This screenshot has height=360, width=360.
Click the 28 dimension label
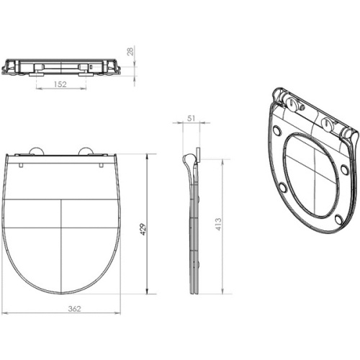click(x=130, y=52)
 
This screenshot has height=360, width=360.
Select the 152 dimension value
click(x=60, y=84)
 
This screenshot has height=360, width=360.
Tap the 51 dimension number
click(x=192, y=119)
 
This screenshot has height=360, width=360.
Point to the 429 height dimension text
click(x=143, y=230)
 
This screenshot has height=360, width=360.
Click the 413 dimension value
click(x=218, y=225)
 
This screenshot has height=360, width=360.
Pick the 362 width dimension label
click(x=74, y=309)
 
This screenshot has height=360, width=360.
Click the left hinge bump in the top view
click(x=37, y=151)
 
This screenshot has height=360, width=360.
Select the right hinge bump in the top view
click(x=86, y=151)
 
